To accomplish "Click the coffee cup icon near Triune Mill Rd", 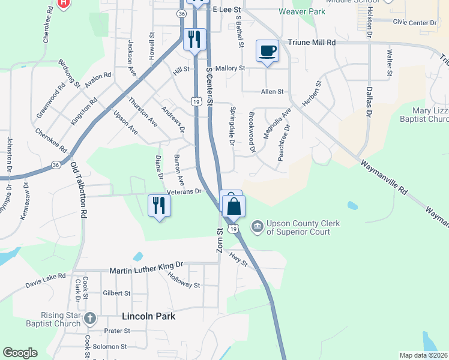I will point(268,50).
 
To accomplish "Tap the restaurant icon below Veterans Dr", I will point(159,205).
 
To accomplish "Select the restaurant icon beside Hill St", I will point(194,40).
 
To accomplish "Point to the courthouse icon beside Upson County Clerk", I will point(257,227).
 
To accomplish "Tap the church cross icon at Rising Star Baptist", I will point(90,318).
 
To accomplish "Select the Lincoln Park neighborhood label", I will point(148,316).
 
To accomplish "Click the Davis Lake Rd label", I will point(45,280).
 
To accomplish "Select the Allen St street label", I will point(272,92).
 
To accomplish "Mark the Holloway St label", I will point(184,280).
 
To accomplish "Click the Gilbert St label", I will point(116,293).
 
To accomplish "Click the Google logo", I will point(20,353).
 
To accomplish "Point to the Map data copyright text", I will point(424,355).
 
